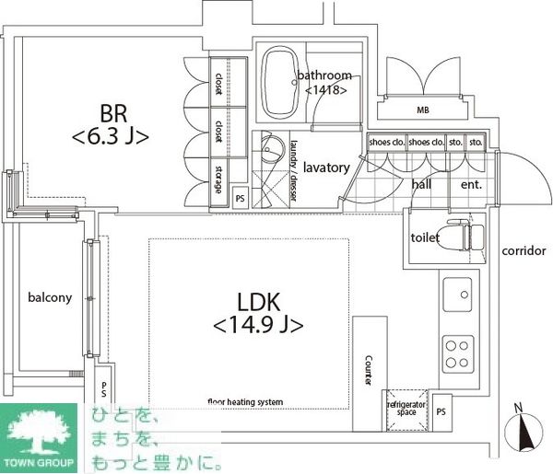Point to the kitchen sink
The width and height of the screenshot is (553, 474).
pyautogui.click(x=455, y=296)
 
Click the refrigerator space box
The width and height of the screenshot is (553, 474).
pyautogui.click(x=406, y=408)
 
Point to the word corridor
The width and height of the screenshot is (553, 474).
pyautogui.click(x=522, y=251)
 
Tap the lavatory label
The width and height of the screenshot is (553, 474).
pyautogui.click(x=325, y=168)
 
